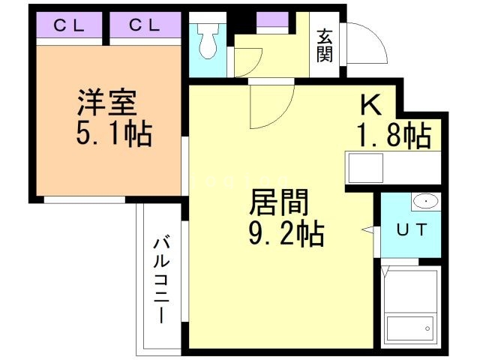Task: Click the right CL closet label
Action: (143, 26)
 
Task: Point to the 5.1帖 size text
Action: (112, 135)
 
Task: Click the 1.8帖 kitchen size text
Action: (392, 136)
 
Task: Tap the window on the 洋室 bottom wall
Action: (84, 199)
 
